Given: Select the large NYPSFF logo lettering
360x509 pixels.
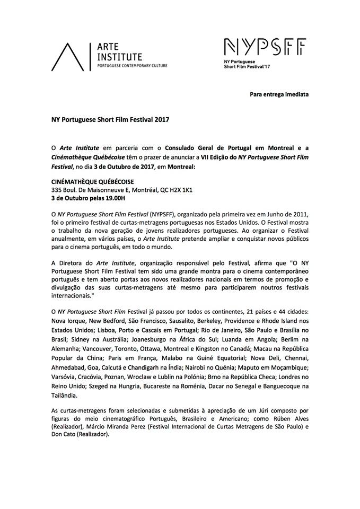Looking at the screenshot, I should tap(265, 48).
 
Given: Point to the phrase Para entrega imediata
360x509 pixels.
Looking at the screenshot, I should tap(279, 94).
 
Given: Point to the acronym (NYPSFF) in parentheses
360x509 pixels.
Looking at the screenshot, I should tap(154, 213).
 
